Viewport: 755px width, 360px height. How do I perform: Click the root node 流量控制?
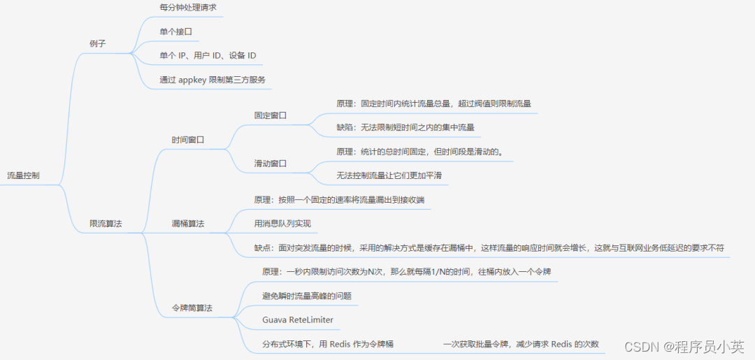23,175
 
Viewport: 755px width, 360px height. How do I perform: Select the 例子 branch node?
98,43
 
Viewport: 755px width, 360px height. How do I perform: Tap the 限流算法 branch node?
106,224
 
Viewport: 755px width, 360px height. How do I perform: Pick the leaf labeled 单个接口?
175,31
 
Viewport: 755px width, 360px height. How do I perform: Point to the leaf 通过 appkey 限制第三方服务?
213,80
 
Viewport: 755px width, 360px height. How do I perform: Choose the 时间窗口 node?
188,140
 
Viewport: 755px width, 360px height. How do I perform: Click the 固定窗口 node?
271,115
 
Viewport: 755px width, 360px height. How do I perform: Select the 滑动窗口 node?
271,164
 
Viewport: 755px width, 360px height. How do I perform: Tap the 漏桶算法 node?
188,224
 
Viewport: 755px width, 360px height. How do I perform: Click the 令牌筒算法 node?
192,308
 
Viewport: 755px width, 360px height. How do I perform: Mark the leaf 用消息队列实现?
282,224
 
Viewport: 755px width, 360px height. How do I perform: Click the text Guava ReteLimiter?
298,319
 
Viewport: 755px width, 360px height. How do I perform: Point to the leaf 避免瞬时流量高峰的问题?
306,296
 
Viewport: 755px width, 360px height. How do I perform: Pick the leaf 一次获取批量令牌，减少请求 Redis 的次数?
521,344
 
